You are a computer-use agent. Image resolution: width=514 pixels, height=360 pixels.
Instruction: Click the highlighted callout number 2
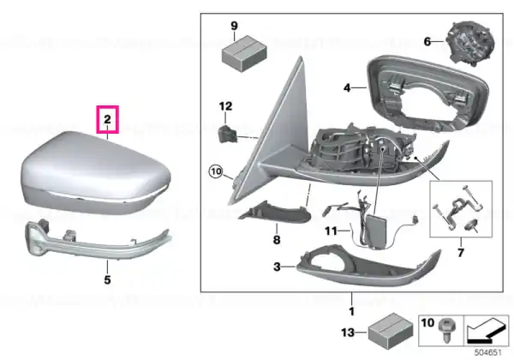click(x=108, y=120)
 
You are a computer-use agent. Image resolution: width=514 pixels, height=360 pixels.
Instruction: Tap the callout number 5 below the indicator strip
click(x=108, y=280)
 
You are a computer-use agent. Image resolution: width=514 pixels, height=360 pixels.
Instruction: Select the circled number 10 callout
click(x=216, y=171)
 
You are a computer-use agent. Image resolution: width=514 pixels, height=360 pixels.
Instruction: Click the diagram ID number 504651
click(x=488, y=353)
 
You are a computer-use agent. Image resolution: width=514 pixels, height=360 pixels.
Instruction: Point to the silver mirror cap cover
click(x=95, y=173)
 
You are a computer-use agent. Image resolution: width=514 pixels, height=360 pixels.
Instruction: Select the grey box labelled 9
click(x=244, y=53)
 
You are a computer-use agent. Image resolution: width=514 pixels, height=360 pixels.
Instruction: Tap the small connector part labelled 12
click(x=228, y=133)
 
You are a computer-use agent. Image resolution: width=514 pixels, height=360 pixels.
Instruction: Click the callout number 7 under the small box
click(x=461, y=253)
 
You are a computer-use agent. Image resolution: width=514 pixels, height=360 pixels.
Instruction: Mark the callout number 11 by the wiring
click(x=331, y=231)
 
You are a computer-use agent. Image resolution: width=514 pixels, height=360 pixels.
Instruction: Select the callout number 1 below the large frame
click(x=352, y=311)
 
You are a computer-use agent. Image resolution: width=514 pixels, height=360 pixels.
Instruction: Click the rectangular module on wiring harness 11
click(x=375, y=229)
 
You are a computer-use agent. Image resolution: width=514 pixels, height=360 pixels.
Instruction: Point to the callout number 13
click(x=348, y=333)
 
